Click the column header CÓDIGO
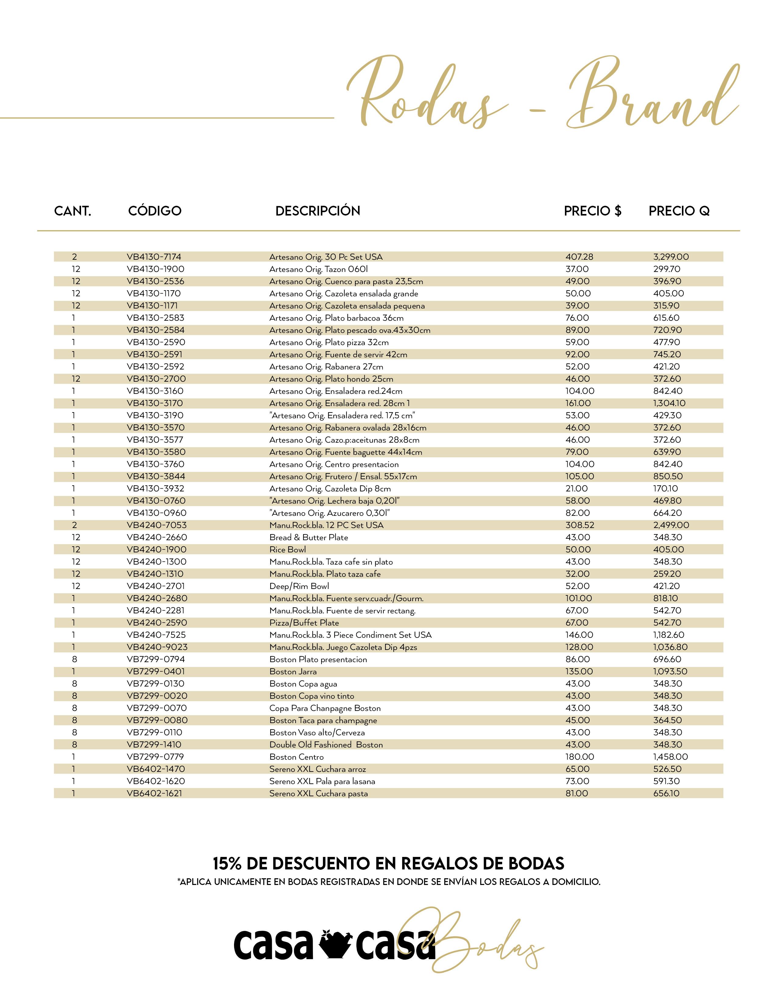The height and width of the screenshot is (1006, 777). (155, 211)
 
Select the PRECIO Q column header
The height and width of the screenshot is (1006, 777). (679, 211)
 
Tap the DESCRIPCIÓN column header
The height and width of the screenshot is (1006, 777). (318, 211)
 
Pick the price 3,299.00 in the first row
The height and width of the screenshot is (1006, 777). (671, 257)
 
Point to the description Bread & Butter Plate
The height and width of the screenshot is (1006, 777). (308, 537)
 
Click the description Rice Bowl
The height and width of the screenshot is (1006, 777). (287, 550)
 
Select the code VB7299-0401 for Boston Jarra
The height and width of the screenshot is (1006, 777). (156, 672)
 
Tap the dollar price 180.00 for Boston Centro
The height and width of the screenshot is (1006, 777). (580, 757)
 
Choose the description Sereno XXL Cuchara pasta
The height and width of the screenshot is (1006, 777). (318, 794)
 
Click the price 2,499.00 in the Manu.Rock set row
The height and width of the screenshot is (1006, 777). (671, 525)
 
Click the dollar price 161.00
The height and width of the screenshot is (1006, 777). (578, 403)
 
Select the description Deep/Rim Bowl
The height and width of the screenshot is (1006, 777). (299, 586)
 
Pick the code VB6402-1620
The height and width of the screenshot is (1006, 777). (156, 781)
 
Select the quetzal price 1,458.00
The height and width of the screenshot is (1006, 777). (670, 757)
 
